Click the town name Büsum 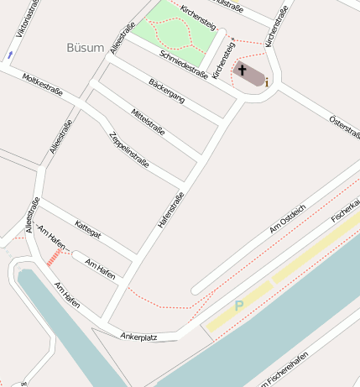click(85, 48)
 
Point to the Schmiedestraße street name click(182, 63)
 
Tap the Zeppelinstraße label click(129, 149)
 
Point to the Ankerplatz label click(139, 337)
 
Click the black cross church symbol click(243, 71)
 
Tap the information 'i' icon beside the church click(267, 82)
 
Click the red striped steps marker click(55, 258)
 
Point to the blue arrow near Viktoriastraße click(9, 55)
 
